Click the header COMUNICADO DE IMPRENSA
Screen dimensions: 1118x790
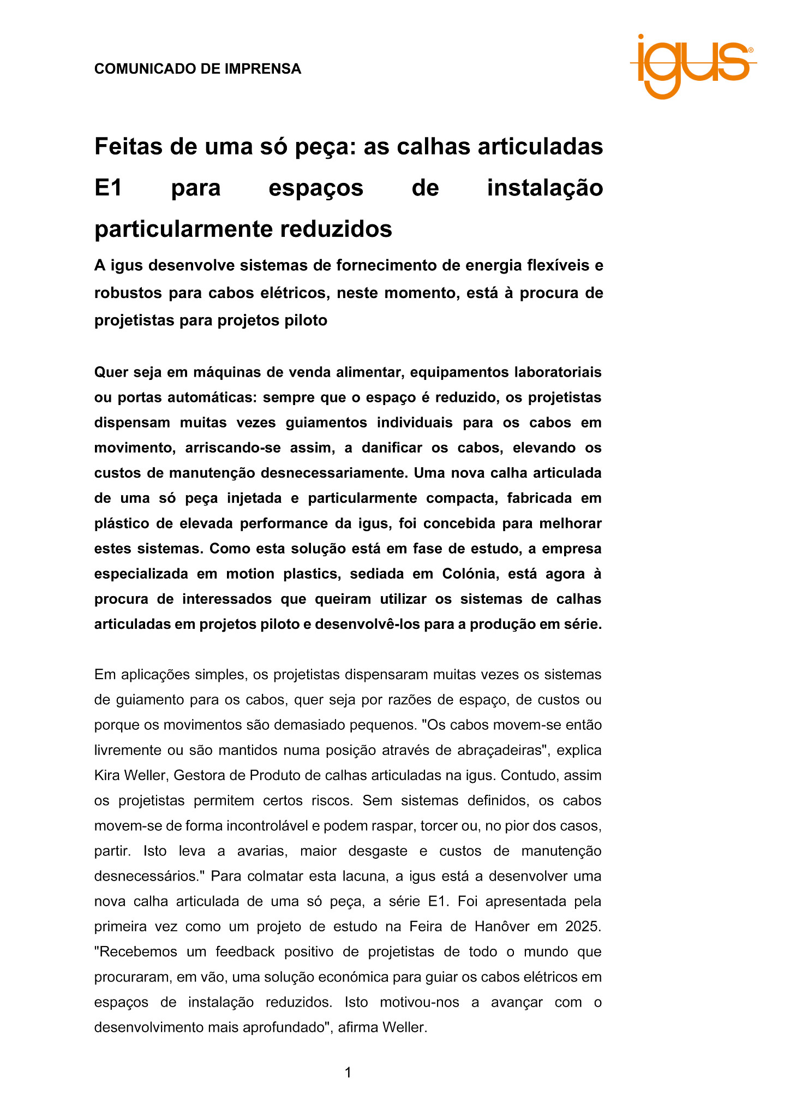coord(197,69)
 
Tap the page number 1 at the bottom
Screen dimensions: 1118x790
coord(348,1073)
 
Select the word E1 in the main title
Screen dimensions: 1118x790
coord(108,188)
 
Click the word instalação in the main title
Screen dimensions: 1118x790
coord(544,188)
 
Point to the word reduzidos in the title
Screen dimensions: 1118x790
coord(337,229)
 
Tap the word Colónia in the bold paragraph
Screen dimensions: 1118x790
coord(469,574)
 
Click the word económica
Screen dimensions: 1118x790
coord(354,977)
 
